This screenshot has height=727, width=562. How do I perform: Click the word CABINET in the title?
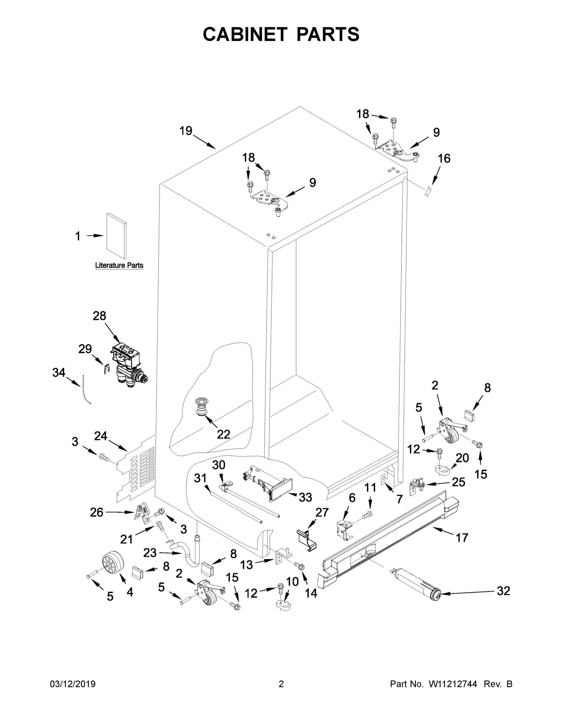[x=245, y=34]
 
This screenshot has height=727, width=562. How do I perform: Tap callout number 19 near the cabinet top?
[x=186, y=131]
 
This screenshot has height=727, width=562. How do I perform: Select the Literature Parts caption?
[x=119, y=265]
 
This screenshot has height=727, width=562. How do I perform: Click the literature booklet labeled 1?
[x=116, y=236]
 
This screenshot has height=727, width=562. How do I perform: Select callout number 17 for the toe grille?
[x=462, y=538]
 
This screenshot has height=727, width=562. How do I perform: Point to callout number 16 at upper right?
[x=444, y=158]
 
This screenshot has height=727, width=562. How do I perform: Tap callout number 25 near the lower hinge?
[x=458, y=482]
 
